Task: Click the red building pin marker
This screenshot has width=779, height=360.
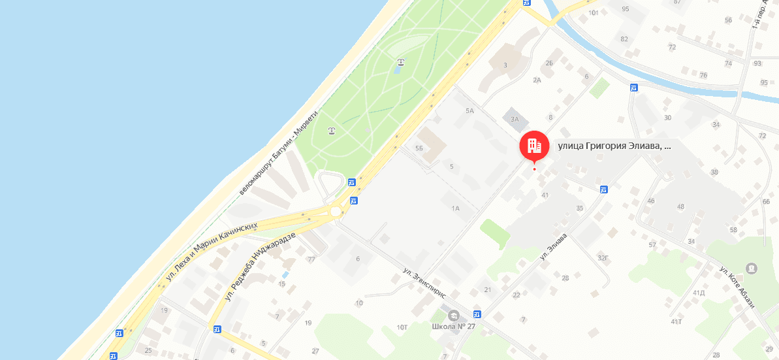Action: point(534,146)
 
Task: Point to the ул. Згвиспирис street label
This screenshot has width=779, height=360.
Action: point(424,282)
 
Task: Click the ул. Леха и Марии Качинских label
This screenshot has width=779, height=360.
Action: point(212,252)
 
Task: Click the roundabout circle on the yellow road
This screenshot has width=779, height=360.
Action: point(336,212)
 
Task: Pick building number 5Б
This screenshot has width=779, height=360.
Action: point(419,148)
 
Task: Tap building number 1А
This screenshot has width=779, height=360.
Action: point(456,208)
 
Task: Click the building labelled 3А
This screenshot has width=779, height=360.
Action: point(515,119)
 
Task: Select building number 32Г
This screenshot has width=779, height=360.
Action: point(602,257)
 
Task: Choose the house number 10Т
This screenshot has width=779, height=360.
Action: point(402,327)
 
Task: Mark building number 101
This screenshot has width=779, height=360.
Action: point(594,12)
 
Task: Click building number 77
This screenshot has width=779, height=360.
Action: point(311,259)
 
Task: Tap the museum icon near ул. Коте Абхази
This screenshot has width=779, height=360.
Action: point(752,268)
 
